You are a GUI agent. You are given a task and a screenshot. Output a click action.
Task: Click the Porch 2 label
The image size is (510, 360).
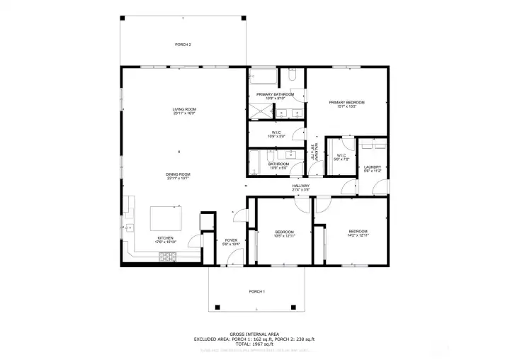coord(183,44)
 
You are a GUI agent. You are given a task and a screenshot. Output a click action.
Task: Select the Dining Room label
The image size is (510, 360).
coord(178,174)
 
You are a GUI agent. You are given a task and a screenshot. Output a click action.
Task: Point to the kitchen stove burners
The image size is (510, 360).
coord(168,257)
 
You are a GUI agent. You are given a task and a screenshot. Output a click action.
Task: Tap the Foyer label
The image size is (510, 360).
coord(231,240)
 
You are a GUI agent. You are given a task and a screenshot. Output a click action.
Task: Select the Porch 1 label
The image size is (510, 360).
coord(256,292)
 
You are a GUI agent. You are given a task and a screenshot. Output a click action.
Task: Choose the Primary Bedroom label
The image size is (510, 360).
coord(347,103)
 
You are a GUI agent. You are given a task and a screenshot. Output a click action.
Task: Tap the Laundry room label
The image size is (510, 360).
coord(372,167)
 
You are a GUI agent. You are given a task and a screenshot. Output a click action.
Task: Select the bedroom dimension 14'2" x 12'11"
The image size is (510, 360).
coord(358,236)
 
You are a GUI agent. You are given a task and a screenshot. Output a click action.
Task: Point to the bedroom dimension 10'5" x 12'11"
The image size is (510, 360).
coord(284,236)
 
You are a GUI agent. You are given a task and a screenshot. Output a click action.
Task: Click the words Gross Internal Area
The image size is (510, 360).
coord(254,334)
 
